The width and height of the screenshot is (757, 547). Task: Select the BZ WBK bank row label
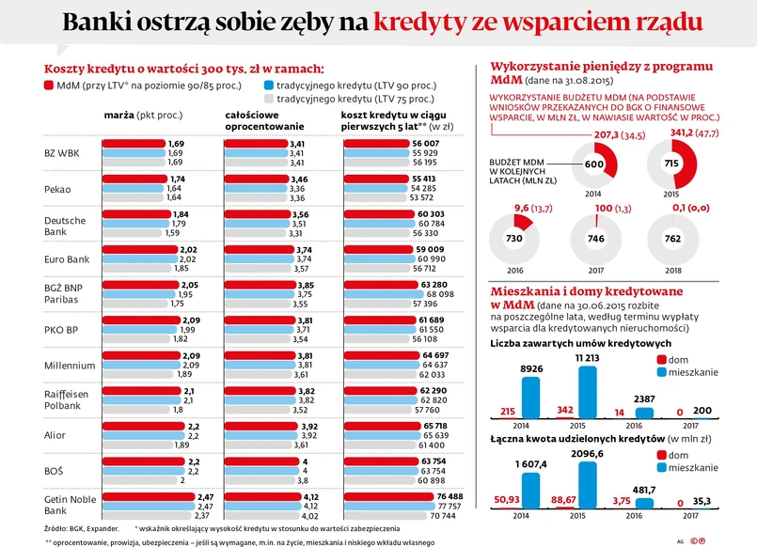point(63,152)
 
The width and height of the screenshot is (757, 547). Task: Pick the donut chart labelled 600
point(594,164)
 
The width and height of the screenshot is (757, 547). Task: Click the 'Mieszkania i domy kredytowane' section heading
point(579,291)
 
